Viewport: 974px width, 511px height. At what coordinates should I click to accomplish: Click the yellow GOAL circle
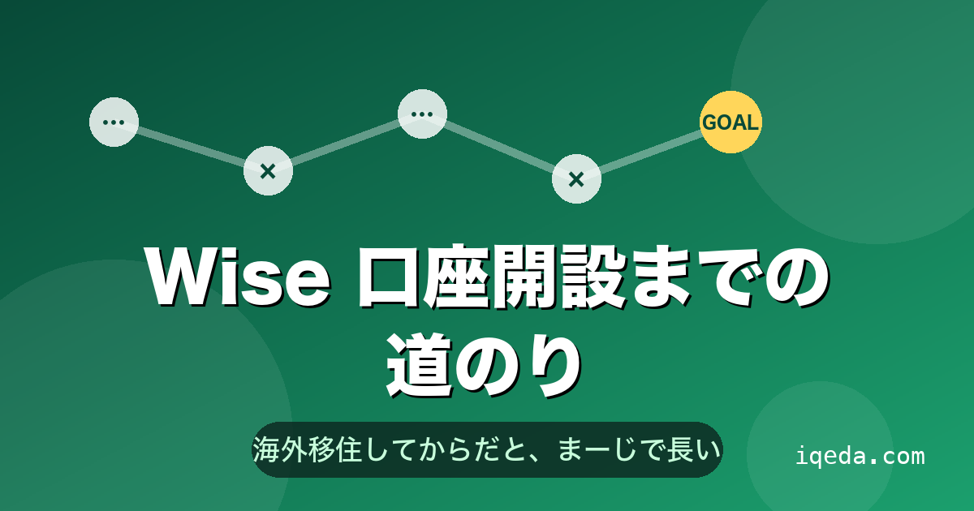pos(730,122)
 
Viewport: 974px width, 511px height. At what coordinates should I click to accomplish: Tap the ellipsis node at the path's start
pos(114,122)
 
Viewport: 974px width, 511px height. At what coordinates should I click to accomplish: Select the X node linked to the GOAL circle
pos(576,178)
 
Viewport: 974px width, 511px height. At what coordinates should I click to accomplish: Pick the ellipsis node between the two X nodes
pos(422,114)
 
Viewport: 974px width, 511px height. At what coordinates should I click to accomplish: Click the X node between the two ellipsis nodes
pos(268,171)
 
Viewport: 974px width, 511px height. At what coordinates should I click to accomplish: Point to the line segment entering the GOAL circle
pos(651,152)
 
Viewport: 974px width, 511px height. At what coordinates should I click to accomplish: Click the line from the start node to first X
pos(191,147)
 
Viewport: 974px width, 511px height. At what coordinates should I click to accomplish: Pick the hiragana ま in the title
pos(660,278)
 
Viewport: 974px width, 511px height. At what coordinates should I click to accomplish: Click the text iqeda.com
pos(860,456)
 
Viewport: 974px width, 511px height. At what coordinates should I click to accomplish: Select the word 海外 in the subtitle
pos(279,449)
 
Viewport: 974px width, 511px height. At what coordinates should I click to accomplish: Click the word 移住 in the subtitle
pos(334,449)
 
